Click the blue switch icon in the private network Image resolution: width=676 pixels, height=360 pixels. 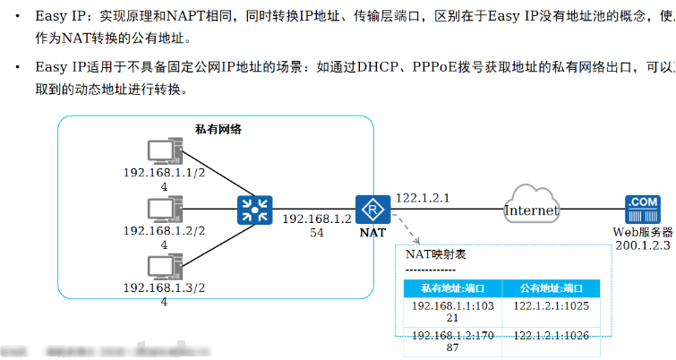(x=254, y=210)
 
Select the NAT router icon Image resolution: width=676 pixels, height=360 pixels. (x=369, y=210)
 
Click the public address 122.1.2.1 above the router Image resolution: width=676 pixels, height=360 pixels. (x=422, y=198)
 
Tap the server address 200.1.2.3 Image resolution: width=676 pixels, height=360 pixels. (x=643, y=244)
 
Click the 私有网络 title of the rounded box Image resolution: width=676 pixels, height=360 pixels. (x=218, y=129)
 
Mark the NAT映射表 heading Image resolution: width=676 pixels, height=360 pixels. (x=435, y=254)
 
